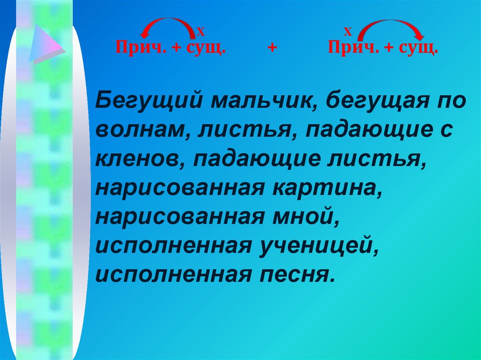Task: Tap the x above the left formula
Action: tap(201, 32)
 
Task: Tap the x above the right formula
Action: tap(348, 32)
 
